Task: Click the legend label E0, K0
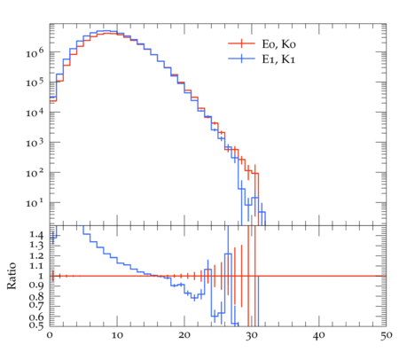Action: [278, 44]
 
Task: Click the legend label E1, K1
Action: [278, 59]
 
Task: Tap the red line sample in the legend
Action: [241, 43]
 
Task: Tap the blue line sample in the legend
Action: [241, 59]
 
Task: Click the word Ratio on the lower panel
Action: [12, 276]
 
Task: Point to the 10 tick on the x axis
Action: [117, 336]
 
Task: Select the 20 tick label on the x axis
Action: [184, 336]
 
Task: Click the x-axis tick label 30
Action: [252, 336]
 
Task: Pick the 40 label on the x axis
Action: [319, 336]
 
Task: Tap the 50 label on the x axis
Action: [386, 336]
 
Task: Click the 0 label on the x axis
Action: [50, 336]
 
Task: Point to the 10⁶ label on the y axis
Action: [35, 53]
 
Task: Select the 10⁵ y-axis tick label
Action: [35, 82]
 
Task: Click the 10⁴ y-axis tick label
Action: [35, 113]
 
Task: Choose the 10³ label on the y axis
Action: [35, 143]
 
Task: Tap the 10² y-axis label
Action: [35, 173]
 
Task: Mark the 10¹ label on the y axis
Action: [35, 203]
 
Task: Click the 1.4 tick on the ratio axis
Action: [36, 235]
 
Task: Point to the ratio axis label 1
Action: [41, 276]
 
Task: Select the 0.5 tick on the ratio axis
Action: [36, 325]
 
